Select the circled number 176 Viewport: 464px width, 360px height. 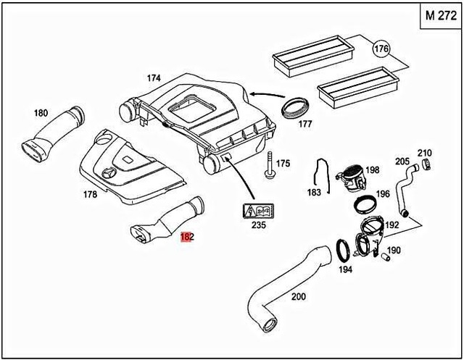382,49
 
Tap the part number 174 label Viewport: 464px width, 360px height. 153,78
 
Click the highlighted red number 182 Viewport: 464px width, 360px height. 186,236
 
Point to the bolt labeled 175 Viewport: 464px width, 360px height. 269,165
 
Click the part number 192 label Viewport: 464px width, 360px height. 392,225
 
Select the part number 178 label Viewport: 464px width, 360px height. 91,194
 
